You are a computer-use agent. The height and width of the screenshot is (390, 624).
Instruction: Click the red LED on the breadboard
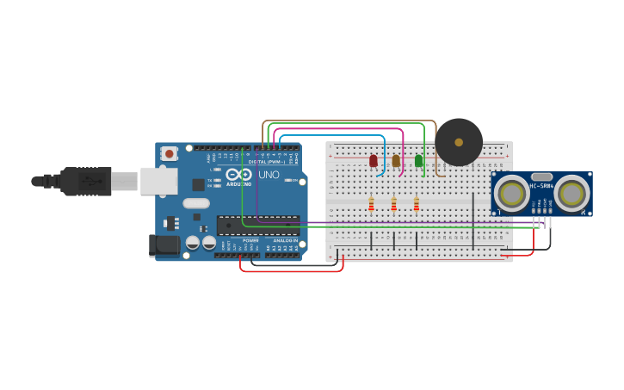(374, 160)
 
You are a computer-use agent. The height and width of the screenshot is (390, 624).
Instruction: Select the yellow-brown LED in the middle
(396, 160)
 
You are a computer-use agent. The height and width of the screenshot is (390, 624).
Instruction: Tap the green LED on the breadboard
(419, 160)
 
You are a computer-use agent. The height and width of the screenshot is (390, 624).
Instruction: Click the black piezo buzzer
(459, 142)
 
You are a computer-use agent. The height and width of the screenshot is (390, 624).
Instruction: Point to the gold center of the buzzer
(459, 142)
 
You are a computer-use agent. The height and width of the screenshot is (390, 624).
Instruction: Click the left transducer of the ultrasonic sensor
(512, 194)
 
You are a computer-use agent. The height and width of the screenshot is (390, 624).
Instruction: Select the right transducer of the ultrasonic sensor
(571, 194)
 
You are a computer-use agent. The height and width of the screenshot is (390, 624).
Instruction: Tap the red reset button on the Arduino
(170, 154)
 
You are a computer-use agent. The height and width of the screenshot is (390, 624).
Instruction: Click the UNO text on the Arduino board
(269, 174)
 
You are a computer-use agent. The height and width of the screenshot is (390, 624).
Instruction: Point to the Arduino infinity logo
(240, 175)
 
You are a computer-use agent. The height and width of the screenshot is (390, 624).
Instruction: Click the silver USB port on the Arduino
(159, 181)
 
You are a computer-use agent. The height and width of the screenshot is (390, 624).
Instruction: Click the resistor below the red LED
(372, 204)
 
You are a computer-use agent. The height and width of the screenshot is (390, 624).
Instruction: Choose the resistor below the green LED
(417, 204)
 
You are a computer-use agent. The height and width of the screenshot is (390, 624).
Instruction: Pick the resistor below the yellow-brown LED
(394, 204)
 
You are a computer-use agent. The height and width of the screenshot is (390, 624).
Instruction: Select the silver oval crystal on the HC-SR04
(541, 176)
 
